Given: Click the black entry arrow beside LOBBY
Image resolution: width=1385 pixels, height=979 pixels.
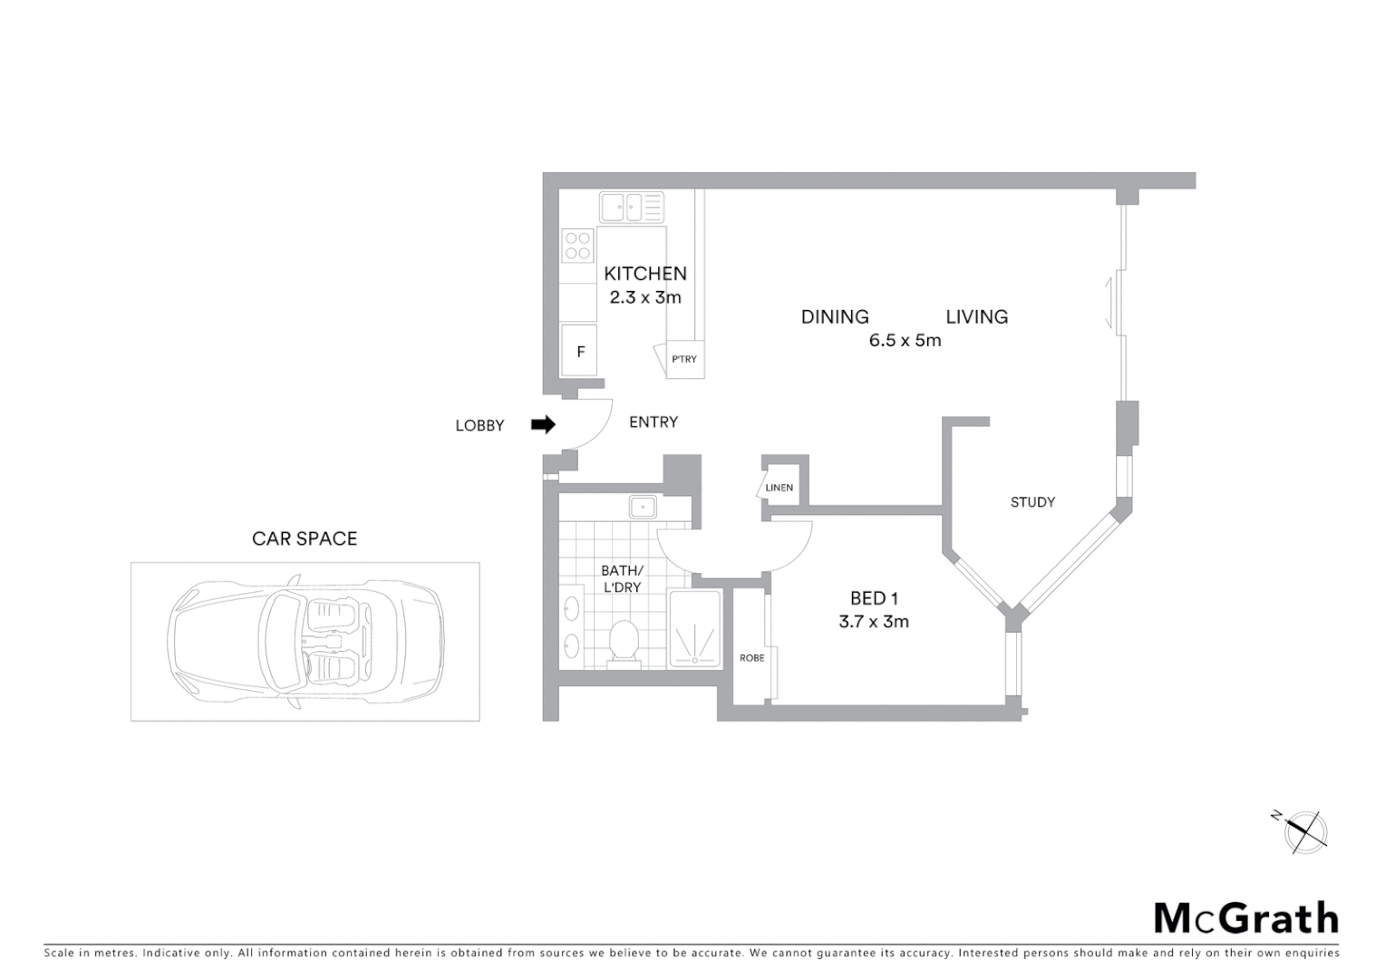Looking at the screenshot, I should pos(543,424).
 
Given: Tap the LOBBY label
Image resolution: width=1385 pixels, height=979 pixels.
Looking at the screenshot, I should pos(479,426).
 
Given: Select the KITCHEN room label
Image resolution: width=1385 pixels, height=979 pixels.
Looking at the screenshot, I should pos(645,274).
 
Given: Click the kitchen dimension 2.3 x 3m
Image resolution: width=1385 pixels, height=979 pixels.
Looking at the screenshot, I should pos(645,297).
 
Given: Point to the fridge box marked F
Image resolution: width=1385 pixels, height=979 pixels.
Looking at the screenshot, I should pos(580,352).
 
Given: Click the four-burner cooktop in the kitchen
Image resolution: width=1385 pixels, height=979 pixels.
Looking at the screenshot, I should pos(577,246).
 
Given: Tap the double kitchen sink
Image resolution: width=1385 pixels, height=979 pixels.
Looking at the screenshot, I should pos(631,207).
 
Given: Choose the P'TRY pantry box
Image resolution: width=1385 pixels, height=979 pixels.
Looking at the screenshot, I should pos(684,359).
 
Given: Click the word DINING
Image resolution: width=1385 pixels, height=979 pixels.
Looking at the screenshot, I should pos(835,317).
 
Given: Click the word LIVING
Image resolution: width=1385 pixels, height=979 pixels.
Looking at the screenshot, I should pos(976,317).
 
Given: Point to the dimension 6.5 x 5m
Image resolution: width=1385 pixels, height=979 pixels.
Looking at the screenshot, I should pos(905,341).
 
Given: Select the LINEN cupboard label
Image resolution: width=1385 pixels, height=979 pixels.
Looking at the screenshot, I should pos(780,488).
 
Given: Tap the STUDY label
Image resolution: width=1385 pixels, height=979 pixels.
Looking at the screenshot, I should pos(1032,502).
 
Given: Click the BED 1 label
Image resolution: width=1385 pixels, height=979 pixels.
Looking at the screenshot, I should pos(874,598).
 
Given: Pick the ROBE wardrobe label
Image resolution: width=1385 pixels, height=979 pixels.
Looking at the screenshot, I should pos(751,658).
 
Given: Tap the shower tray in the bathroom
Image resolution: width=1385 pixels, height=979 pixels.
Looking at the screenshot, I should pos(695,629).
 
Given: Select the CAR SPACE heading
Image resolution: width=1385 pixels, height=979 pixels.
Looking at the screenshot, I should pos(305,538).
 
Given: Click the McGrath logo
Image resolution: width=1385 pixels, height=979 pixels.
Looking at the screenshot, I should pos(1246,918).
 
